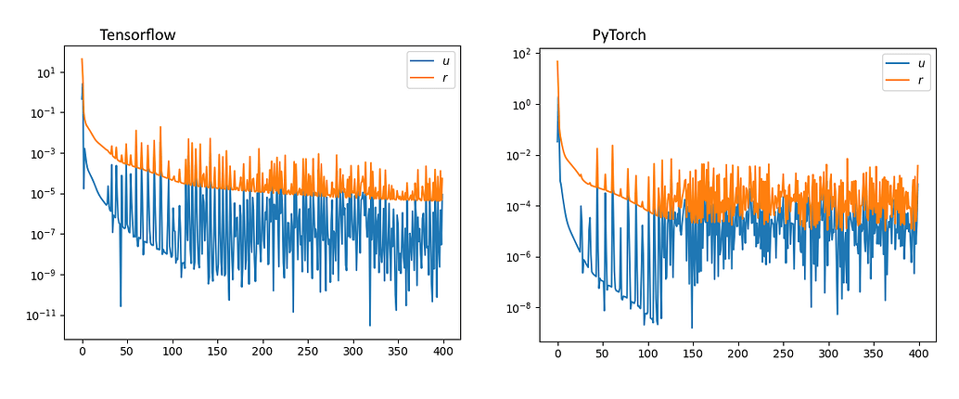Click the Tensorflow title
(137, 35)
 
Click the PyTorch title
(619, 35)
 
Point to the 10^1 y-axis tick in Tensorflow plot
(45, 72)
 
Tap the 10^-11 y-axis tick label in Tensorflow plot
(43, 315)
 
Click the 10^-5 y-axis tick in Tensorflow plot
(45, 194)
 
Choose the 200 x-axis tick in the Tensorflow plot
(262, 353)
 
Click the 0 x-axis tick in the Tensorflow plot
(82, 353)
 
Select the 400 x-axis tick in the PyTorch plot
(918, 354)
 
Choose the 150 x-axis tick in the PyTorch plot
(693, 354)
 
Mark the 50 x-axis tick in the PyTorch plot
(603, 354)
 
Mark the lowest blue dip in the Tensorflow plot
(370, 326)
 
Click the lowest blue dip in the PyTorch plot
(692, 328)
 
